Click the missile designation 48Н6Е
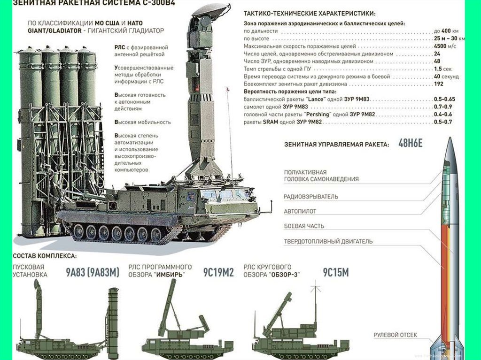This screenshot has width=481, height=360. click(x=410, y=144)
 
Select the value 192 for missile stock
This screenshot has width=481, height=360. click(x=439, y=84)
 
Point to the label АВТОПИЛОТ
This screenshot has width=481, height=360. click(x=300, y=211)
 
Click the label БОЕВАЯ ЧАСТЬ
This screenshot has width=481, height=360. click(x=304, y=226)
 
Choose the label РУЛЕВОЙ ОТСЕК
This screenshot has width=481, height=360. click(x=395, y=335)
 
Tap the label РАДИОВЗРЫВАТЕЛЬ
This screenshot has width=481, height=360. click(x=310, y=197)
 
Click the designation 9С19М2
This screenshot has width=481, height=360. click(x=218, y=272)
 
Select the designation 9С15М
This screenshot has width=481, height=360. click(x=335, y=272)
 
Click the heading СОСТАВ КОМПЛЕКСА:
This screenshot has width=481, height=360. click(x=45, y=256)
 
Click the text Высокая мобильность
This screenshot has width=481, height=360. click(x=142, y=122)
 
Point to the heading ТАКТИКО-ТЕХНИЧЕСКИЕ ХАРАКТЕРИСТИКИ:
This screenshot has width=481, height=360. click(x=310, y=15)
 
